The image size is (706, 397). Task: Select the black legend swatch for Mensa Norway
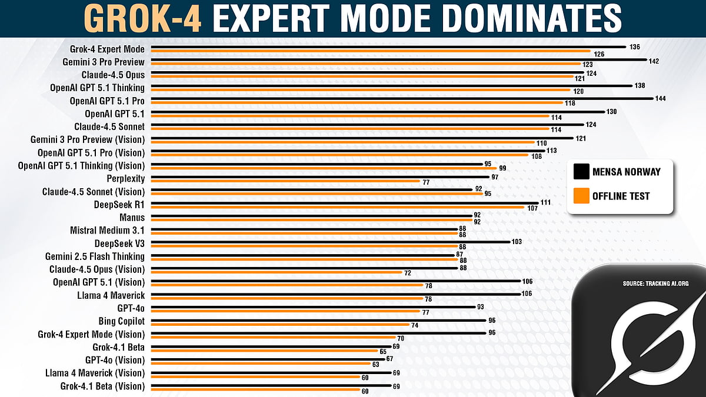(581, 172)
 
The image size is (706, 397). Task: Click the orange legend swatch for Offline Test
(581, 196)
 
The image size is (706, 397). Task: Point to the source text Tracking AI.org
(655, 283)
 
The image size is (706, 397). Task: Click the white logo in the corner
(647, 347)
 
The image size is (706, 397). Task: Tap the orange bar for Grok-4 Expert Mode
(371, 52)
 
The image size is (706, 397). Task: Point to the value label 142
(653, 60)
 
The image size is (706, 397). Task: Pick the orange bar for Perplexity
(285, 182)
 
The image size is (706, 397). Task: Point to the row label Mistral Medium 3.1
(107, 231)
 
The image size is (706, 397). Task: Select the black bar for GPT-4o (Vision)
(268, 358)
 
